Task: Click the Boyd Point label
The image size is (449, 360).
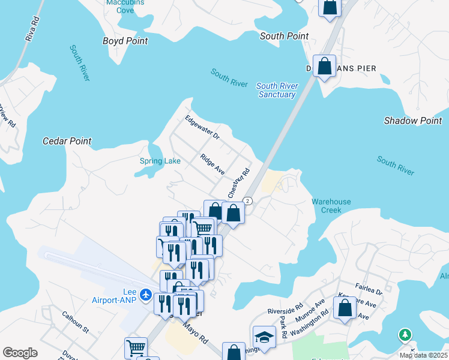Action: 125,41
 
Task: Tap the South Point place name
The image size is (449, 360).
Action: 284,36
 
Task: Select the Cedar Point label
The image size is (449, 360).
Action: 67,141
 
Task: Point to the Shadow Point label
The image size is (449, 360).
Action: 413,121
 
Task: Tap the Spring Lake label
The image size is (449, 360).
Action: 155,161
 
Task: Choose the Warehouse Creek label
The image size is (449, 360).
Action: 331,206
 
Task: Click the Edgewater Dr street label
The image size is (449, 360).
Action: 202,127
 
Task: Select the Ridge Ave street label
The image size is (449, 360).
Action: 212,164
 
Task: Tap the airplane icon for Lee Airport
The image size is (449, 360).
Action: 145,295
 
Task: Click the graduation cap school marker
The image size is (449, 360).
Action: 264,336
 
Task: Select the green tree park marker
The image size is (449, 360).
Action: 406,335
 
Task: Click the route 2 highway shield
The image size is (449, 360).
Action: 247,200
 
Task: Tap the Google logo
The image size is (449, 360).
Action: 20,353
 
